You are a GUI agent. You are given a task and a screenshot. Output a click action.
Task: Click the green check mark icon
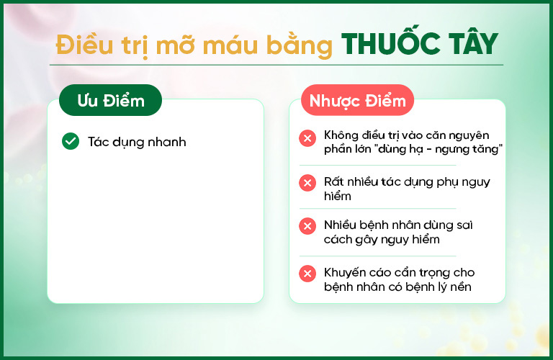[x=71, y=141]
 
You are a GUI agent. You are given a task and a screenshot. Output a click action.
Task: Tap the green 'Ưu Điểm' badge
[x=110, y=100]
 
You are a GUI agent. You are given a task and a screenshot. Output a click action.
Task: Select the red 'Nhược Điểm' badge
[x=357, y=100]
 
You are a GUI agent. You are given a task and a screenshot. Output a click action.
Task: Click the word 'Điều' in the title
[x=85, y=45]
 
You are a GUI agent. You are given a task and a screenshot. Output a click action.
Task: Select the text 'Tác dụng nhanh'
[x=137, y=142]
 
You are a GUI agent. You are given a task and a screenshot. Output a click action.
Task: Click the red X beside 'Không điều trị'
[x=307, y=138]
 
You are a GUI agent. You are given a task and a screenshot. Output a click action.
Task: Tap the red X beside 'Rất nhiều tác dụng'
[x=307, y=183]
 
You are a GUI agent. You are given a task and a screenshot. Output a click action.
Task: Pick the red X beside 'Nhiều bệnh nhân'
[x=307, y=226]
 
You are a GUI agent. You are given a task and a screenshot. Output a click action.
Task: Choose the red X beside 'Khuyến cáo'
[x=307, y=274]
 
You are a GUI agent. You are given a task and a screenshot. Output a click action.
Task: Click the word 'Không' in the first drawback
[x=341, y=135]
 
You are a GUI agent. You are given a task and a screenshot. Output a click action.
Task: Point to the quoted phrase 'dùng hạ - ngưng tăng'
[x=439, y=149]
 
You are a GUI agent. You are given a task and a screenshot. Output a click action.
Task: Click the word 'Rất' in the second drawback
[x=333, y=181]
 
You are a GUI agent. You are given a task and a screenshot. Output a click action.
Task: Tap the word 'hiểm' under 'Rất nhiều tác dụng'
[x=338, y=196]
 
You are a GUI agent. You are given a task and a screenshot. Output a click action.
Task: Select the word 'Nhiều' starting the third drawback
[x=340, y=225]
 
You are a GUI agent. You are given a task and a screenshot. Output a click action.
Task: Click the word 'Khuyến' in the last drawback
[x=345, y=273]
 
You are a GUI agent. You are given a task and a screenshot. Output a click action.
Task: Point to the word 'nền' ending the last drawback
[x=461, y=287]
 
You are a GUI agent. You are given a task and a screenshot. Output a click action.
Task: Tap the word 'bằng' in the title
[x=299, y=46]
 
